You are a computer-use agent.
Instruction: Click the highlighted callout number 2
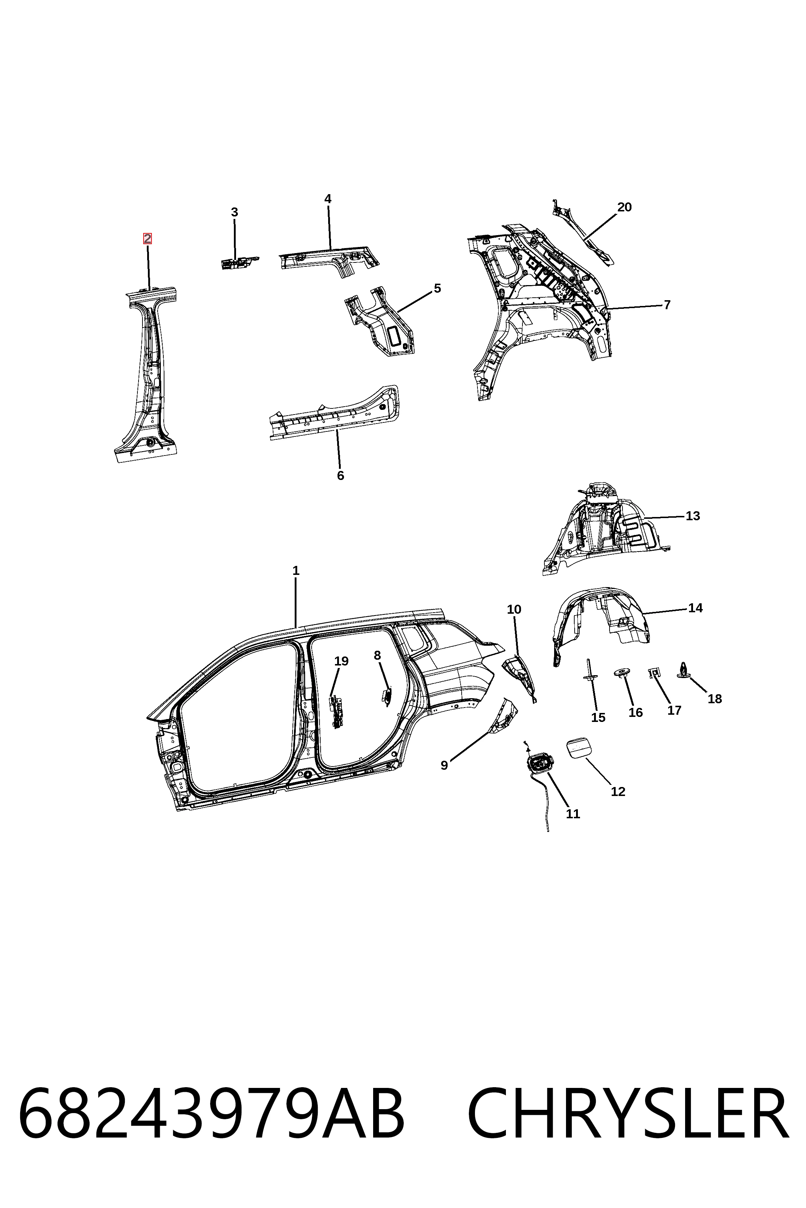tap(148, 239)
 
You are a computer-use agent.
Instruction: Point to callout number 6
tap(340, 476)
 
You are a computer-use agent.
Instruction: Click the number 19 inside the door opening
tap(341, 661)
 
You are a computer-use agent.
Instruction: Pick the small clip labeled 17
tap(655, 672)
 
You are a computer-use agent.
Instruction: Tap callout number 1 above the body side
tap(295, 571)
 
